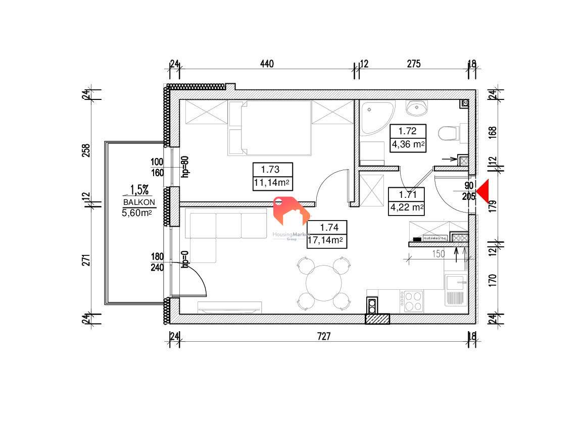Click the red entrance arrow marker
pos(484,191)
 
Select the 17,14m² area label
pos(326,240)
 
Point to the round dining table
pos(324,284)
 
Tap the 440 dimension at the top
pos(267,64)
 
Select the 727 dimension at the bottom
pos(323,337)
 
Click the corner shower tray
pos(376,117)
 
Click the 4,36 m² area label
pos(407,144)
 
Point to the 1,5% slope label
pos(139,190)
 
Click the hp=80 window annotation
pos(185,166)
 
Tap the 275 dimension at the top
pos(414,64)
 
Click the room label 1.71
pos(407,194)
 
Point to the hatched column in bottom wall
pos(377,319)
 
